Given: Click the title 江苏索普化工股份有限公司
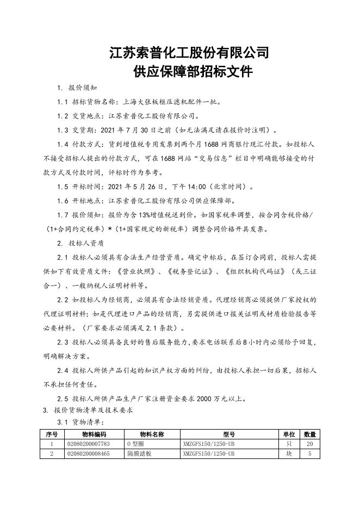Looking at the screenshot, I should click(x=189, y=53).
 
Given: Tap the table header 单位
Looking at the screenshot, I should click(x=289, y=434).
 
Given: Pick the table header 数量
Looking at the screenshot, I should click(x=310, y=434).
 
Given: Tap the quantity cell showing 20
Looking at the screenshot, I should click(x=310, y=444).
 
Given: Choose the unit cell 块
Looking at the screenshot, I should click(x=289, y=453).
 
